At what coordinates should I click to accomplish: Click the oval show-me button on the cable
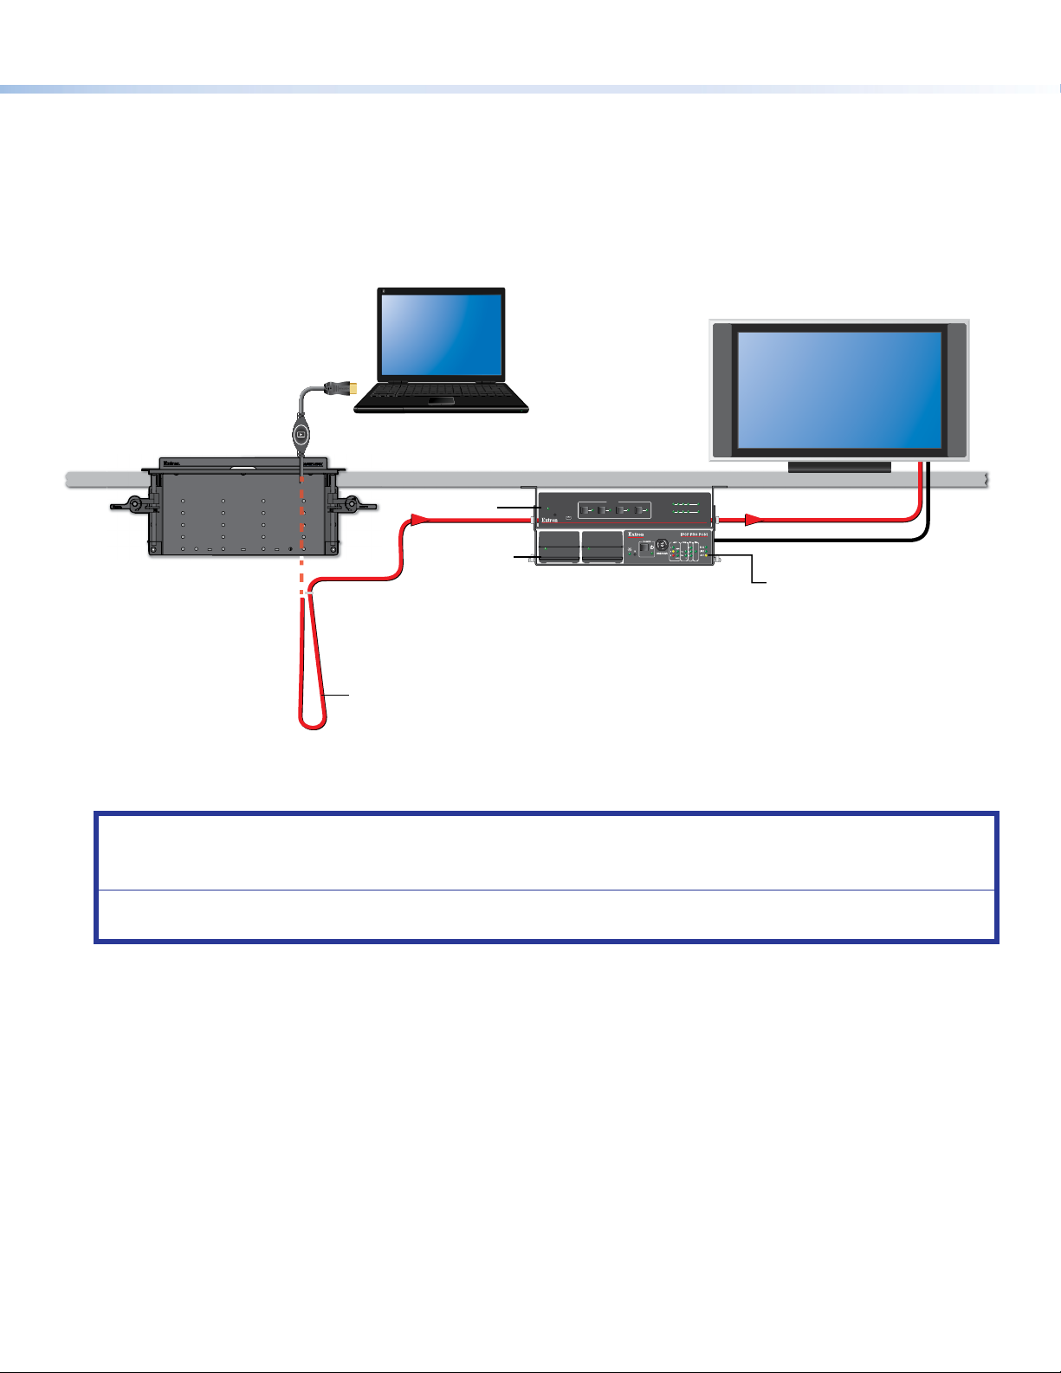[301, 432]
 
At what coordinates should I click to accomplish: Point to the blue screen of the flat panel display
[838, 387]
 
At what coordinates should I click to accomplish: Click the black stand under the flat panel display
[838, 467]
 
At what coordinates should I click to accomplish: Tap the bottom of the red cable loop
[312, 725]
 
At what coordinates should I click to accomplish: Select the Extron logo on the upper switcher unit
[549, 521]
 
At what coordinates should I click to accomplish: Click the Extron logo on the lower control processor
[637, 535]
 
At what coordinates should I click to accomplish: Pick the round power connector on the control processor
[662, 547]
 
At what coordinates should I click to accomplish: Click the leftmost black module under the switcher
[559, 547]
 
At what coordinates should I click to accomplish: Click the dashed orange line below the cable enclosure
[301, 572]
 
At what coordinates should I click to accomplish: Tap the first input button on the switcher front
[585, 509]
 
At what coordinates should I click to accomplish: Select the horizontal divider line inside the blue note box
[546, 890]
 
